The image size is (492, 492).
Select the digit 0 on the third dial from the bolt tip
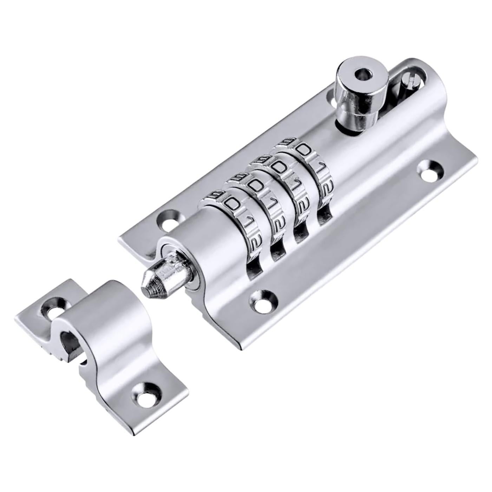(x=280, y=168)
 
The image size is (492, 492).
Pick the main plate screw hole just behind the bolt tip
(x=170, y=219)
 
